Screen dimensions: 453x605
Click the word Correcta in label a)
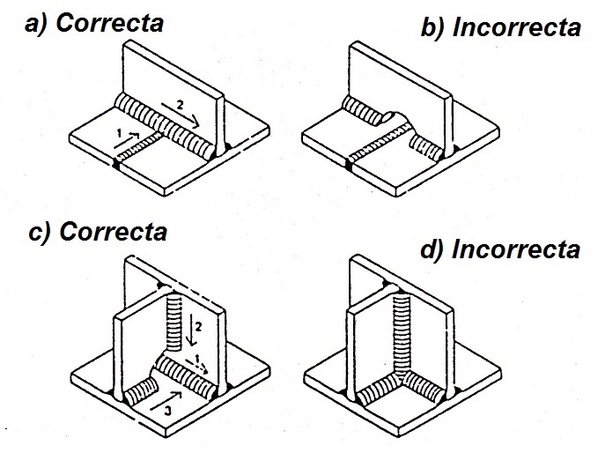click(x=109, y=23)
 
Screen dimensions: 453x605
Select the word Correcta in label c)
click(x=113, y=234)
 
